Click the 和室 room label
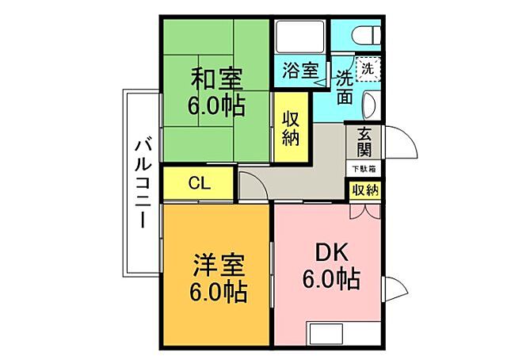pyautogui.click(x=215, y=79)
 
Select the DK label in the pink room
pyautogui.click(x=331, y=252)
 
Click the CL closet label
pyautogui.click(x=199, y=183)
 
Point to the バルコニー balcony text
pyautogui.click(x=142, y=182)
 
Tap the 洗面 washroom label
pyautogui.click(x=345, y=87)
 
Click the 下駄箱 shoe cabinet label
pyautogui.click(x=364, y=169)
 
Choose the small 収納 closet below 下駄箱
pyautogui.click(x=364, y=190)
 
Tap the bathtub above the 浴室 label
pyautogui.click(x=299, y=36)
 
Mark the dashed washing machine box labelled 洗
pyautogui.click(x=367, y=69)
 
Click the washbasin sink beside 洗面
pyautogui.click(x=372, y=104)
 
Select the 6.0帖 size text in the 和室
pyautogui.click(x=215, y=104)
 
